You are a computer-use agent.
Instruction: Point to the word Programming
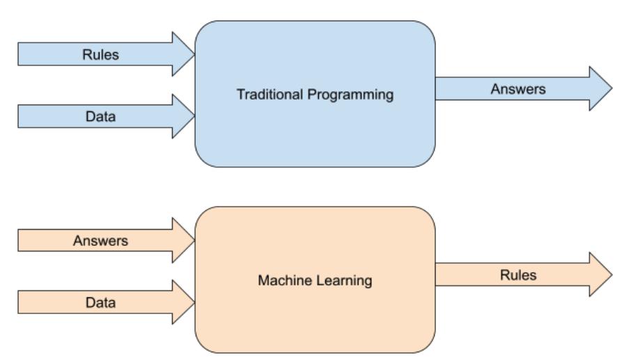(x=352, y=95)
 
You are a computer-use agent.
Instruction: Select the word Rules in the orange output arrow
(x=518, y=275)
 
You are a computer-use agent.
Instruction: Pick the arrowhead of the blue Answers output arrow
(x=599, y=89)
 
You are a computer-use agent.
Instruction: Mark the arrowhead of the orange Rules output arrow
(x=599, y=275)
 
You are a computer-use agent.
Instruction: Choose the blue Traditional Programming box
(x=315, y=139)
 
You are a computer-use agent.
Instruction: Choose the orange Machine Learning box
(x=315, y=320)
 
